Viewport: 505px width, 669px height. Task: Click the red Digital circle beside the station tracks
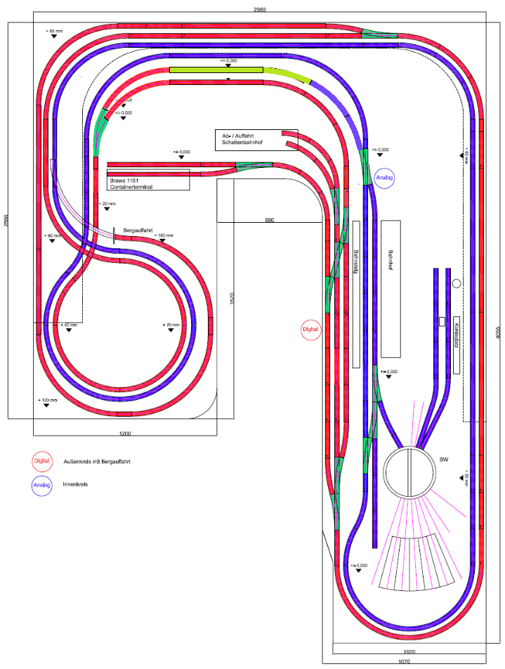click(x=310, y=329)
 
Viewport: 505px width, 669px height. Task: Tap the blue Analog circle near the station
click(x=385, y=178)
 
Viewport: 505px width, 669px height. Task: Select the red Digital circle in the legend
click(x=42, y=462)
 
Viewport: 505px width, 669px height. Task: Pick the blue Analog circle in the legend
click(x=42, y=484)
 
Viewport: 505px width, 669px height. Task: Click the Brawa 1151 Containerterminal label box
click(x=148, y=181)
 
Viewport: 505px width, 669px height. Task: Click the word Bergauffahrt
click(x=138, y=230)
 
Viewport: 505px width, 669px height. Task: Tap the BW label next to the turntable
click(x=444, y=460)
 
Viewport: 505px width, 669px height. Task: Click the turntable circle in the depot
click(x=411, y=474)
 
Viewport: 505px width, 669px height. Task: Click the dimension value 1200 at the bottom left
click(x=125, y=434)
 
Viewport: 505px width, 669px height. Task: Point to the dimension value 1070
click(x=403, y=662)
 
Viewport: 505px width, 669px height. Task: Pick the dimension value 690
click(x=269, y=220)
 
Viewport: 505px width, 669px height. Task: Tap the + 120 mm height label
click(x=48, y=400)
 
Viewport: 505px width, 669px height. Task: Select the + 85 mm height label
click(x=54, y=32)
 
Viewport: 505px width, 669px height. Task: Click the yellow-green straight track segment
click(x=216, y=70)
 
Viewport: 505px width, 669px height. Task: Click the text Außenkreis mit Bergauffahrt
click(x=98, y=462)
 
